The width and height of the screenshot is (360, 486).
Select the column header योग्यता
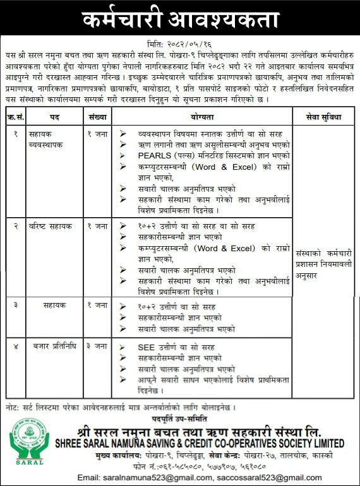tap(201, 117)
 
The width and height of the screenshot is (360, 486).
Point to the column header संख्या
tap(97, 117)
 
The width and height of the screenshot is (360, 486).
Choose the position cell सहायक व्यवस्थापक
tap(50, 139)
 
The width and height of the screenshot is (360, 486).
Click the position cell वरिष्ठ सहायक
tap(51, 225)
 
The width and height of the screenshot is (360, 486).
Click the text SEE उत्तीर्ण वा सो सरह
tap(179, 347)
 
